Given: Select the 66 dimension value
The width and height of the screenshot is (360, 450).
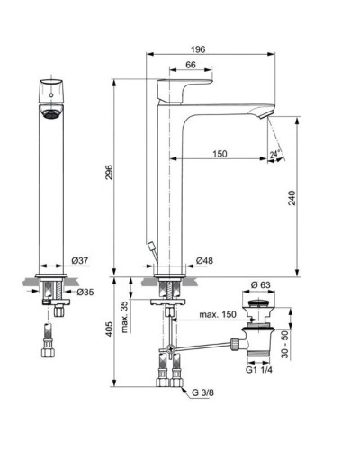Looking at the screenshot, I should click(191, 66).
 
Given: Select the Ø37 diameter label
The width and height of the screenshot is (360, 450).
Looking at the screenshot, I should click(81, 261).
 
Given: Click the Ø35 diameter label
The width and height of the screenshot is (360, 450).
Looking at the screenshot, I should click(85, 292).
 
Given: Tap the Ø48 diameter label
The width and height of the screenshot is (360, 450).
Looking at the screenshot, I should click(205, 261).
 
